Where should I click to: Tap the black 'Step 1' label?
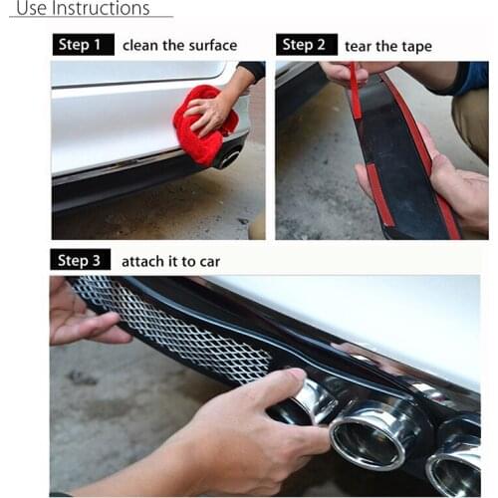[80, 45]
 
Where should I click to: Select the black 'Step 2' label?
[304, 45]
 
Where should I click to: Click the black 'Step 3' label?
[80, 261]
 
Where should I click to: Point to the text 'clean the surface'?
[179, 45]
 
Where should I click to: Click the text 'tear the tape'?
[389, 46]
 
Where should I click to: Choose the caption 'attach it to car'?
[170, 261]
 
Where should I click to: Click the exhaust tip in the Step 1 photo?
[230, 157]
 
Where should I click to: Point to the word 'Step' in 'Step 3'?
[73, 261]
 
